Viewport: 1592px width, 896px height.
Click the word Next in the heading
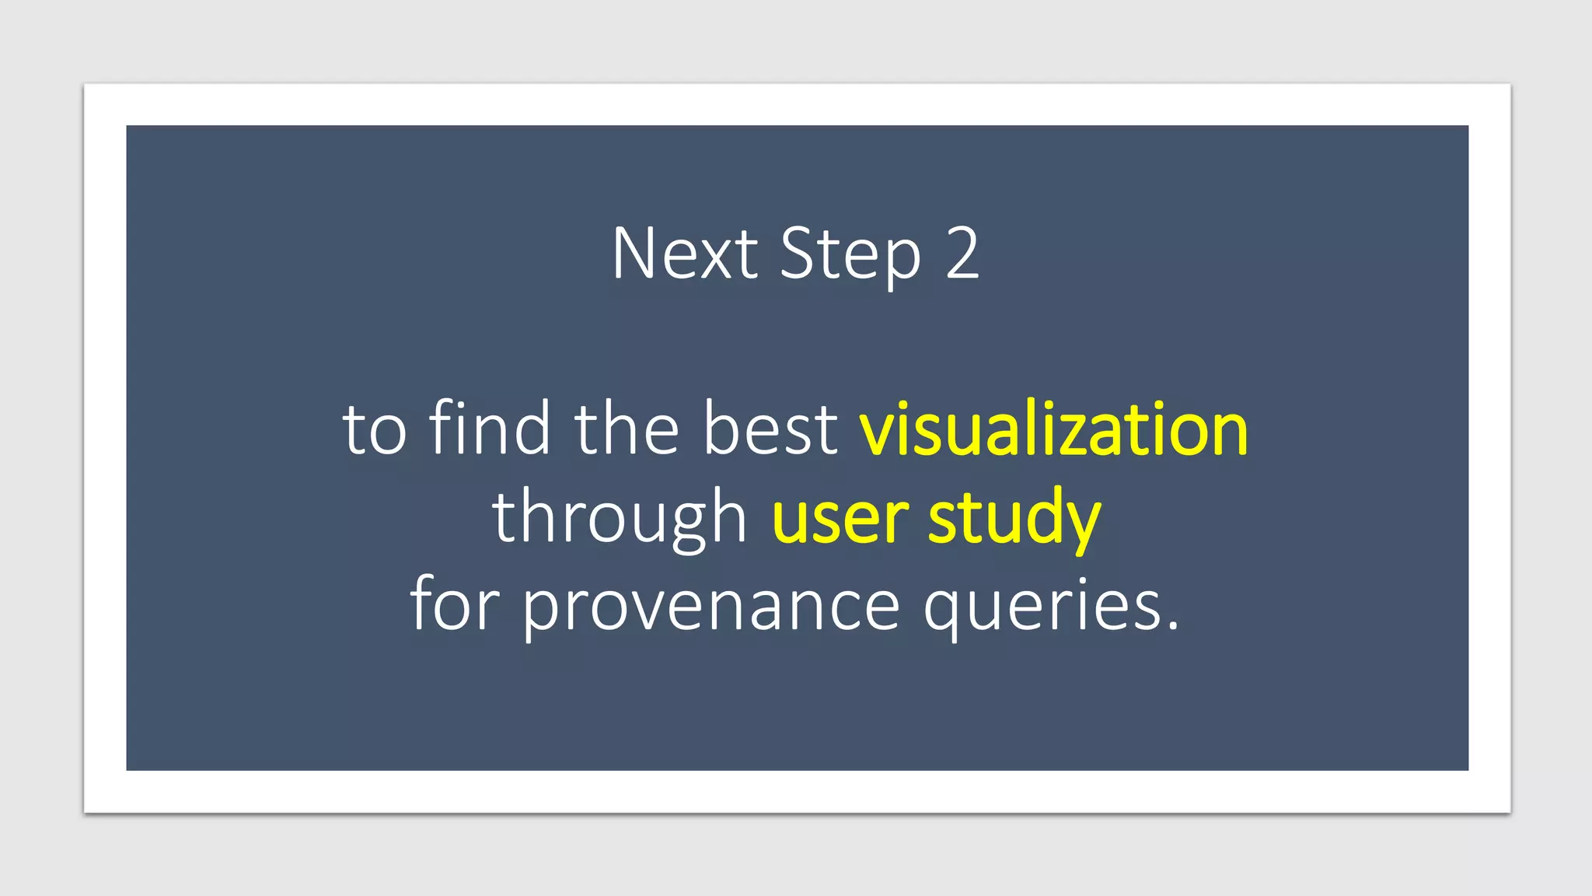pos(684,254)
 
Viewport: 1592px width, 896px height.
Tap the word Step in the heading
pos(850,255)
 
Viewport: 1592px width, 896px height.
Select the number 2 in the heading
pos(962,254)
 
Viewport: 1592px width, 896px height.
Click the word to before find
pos(375,430)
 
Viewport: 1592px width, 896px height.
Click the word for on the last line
pos(455,605)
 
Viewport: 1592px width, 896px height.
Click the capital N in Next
pos(630,254)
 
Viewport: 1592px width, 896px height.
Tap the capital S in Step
pos(798,254)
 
